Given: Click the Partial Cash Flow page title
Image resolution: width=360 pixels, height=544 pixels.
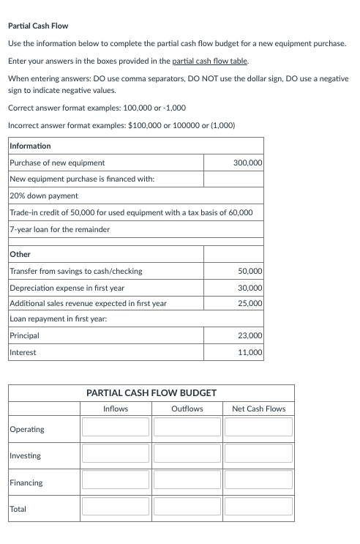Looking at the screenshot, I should click(x=37, y=26).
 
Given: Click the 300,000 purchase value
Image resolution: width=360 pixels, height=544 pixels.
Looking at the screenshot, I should click(x=247, y=163).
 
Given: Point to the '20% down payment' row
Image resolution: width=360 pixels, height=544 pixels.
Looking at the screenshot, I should click(x=44, y=195).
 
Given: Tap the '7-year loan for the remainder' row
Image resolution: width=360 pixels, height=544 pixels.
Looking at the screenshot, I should click(x=59, y=229).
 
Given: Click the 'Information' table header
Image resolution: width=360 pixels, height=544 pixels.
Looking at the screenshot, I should click(x=30, y=146).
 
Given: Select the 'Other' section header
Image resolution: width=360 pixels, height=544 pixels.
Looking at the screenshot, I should click(x=20, y=254).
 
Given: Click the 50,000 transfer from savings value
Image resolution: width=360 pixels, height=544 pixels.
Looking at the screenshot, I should click(x=250, y=271).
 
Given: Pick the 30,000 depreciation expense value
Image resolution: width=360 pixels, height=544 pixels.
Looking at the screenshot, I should click(x=250, y=288).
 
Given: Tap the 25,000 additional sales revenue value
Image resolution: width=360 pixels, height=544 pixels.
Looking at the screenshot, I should click(x=250, y=303).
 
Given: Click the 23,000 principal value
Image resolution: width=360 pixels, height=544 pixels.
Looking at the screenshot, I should click(x=250, y=336).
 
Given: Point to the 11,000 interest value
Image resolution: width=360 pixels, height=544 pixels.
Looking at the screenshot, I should click(x=250, y=352).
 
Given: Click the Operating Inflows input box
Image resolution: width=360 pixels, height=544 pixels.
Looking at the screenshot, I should click(x=115, y=427).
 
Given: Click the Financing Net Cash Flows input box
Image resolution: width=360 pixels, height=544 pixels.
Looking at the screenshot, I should click(x=258, y=480).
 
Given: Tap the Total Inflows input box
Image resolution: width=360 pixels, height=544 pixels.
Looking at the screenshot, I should click(x=115, y=507).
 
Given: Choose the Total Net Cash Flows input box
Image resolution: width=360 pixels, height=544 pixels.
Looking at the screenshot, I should click(x=258, y=507).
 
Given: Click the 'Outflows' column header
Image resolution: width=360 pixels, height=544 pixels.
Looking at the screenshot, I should click(x=187, y=409).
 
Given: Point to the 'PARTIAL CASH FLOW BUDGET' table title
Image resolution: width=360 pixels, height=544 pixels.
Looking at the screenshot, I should click(x=151, y=393).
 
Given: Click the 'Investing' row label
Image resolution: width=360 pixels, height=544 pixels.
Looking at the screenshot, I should click(x=26, y=456).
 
